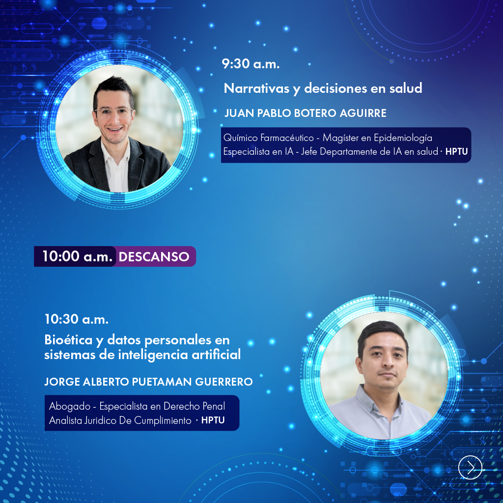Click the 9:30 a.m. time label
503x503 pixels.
tap(251, 63)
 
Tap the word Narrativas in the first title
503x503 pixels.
tap(256, 88)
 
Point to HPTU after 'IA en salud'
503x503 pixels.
tap(456, 151)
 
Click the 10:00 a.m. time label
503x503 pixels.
tap(77, 256)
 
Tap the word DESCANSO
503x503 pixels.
tap(154, 256)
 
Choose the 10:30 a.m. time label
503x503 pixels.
tap(76, 319)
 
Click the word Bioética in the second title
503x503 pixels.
tap(68, 340)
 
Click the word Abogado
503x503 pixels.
tap(70, 406)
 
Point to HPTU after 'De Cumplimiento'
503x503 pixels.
tap(213, 420)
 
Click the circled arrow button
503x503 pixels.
tap(470, 468)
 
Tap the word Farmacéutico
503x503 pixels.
tap(287, 138)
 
